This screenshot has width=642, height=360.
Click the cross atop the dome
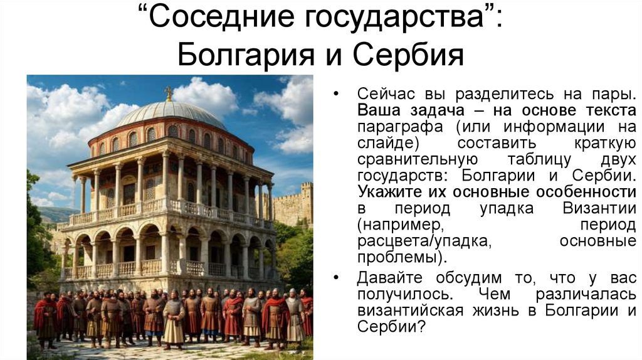coord(168,93)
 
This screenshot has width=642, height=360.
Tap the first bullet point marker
coord(337,94)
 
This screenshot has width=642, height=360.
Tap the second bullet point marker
coord(337,277)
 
